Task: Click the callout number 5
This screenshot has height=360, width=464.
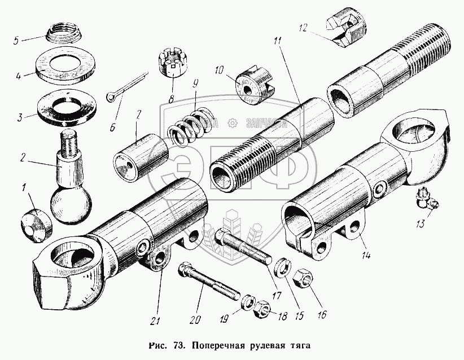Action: click(x=16, y=40)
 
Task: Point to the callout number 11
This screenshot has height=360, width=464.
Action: click(x=277, y=42)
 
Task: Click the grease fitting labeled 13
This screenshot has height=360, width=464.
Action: click(x=427, y=200)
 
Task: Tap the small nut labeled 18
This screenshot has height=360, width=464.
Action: click(x=261, y=309)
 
